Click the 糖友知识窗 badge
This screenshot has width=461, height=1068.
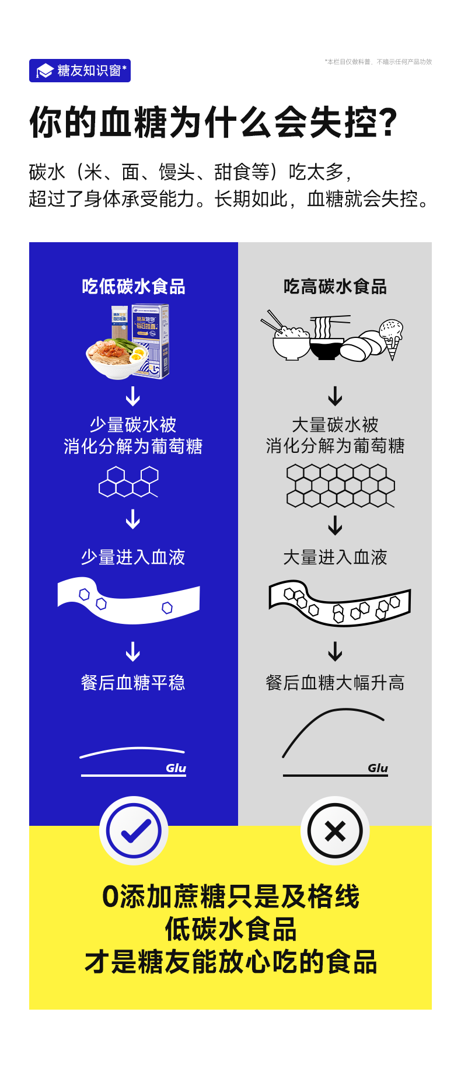click(80, 71)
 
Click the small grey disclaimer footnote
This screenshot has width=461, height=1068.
click(378, 62)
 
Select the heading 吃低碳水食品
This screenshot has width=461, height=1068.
click(134, 287)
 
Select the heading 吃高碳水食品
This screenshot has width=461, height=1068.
click(335, 287)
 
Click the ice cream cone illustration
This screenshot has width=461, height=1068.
click(391, 338)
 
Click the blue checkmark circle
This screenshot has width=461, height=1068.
click(134, 830)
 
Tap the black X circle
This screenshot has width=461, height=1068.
click(335, 830)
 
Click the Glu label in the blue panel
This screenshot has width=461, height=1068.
click(176, 768)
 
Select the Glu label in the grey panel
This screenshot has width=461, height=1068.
click(378, 768)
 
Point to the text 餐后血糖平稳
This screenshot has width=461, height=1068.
click(133, 682)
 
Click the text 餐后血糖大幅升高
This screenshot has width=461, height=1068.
click(335, 682)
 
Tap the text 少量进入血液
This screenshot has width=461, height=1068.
click(133, 557)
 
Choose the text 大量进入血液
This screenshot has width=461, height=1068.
click(335, 557)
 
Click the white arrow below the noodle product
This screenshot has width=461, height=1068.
click(133, 396)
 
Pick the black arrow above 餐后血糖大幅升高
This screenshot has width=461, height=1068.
click(335, 651)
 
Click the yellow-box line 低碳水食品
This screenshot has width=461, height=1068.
click(230, 929)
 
